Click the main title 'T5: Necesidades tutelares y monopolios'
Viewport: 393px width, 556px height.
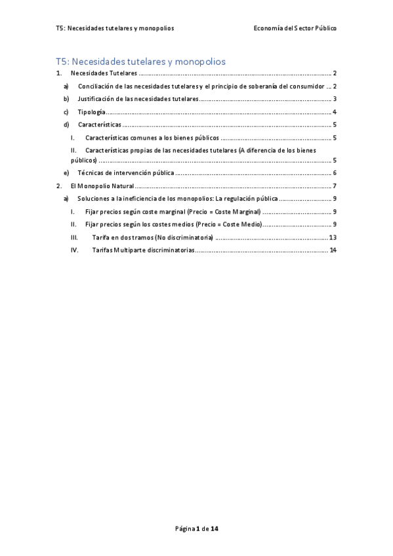tap(141, 62)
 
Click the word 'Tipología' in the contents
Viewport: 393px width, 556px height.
tap(91, 112)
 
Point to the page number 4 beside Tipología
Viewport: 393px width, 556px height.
tap(335, 112)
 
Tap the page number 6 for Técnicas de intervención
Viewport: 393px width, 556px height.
tap(335, 173)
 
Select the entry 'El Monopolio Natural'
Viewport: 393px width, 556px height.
tap(101, 186)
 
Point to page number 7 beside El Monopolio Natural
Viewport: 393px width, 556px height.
tap(335, 186)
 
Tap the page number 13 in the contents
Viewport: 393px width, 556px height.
tap(333, 237)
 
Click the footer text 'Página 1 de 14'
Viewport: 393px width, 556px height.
tap(196, 528)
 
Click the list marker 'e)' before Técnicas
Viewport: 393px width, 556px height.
tap(66, 173)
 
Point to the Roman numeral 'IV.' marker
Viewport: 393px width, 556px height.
tap(75, 250)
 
